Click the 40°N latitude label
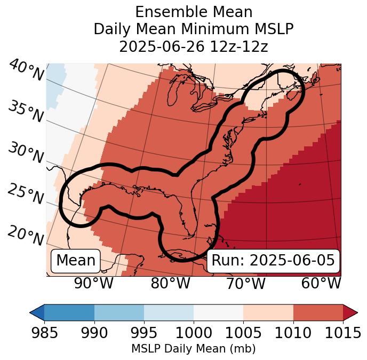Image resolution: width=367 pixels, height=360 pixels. pyautogui.click(x=26, y=71)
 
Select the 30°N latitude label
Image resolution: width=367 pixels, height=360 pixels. pyautogui.click(x=26, y=153)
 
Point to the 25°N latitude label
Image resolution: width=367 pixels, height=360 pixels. pyautogui.click(x=26, y=194)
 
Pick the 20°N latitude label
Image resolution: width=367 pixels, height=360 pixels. pyautogui.click(x=26, y=236)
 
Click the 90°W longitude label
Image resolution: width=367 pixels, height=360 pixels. pyautogui.click(x=93, y=284)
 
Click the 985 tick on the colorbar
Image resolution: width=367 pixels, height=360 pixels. pyautogui.click(x=44, y=333)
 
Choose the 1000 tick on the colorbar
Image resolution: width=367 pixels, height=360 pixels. pyautogui.click(x=194, y=333)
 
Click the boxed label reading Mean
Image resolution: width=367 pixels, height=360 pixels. pyautogui.click(x=76, y=261)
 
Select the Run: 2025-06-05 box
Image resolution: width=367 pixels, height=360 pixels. pyautogui.click(x=273, y=261)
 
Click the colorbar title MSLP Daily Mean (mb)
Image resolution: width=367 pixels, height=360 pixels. pyautogui.click(x=193, y=349)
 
